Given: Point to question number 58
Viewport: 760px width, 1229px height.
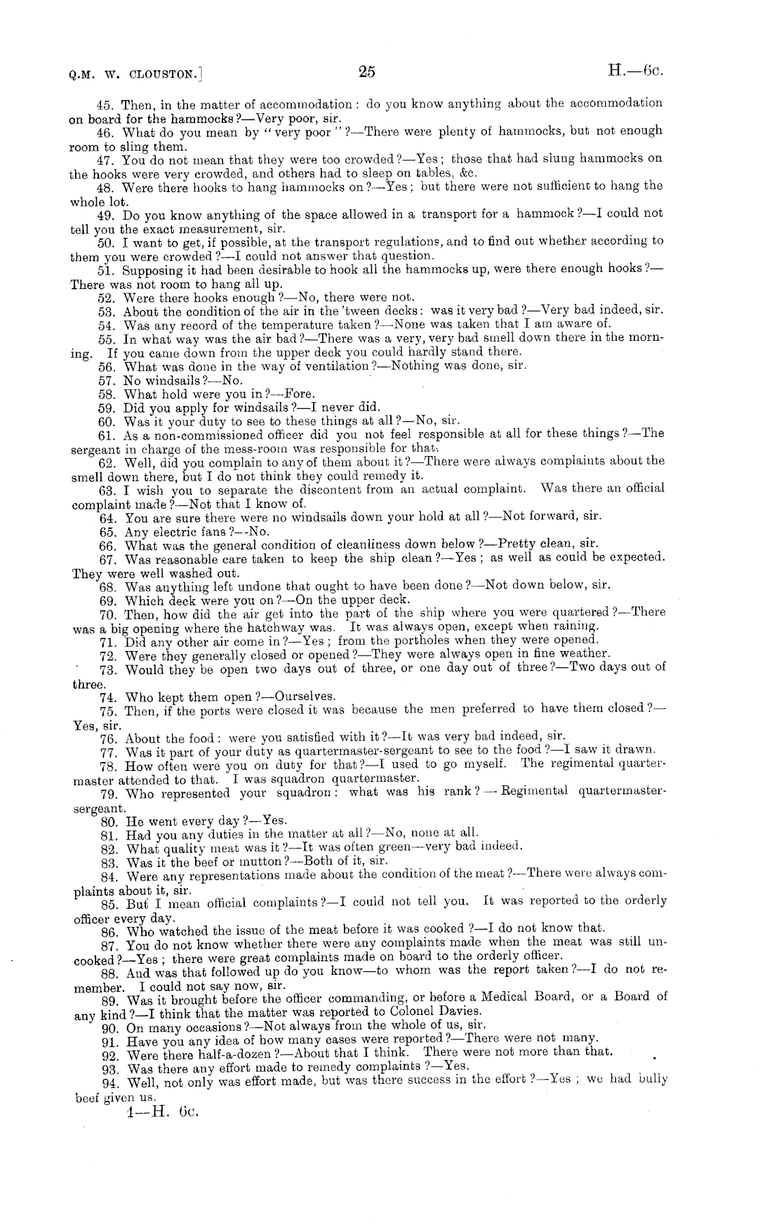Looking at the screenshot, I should tap(108, 395).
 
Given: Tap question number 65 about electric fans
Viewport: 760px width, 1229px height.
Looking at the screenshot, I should tap(108, 532).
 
